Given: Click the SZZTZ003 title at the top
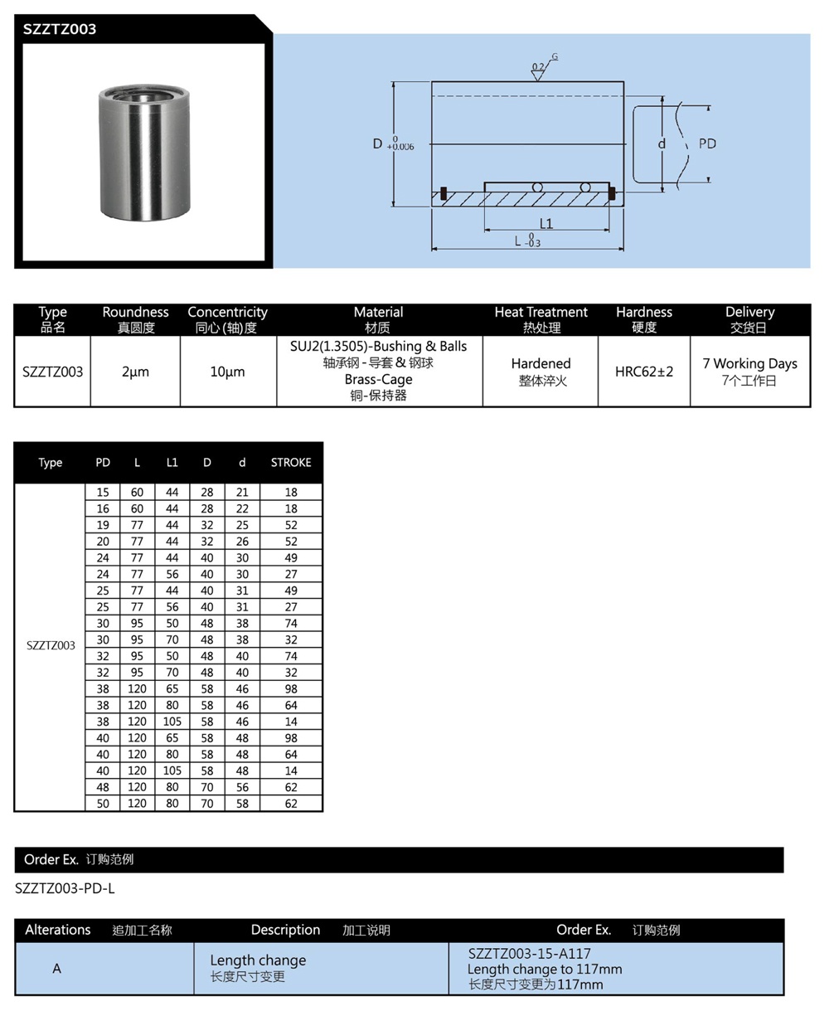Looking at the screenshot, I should pos(60,29).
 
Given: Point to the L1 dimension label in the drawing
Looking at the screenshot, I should pos(545,223).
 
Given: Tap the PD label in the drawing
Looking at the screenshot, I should pos(706,143).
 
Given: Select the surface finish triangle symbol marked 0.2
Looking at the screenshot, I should pos(537,73).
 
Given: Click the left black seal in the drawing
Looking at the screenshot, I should pos(444,193).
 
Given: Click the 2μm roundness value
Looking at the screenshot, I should pos(135,372).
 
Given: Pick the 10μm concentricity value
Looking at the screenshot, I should pos(227,372).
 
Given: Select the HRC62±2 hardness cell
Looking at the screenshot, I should pos(644,372).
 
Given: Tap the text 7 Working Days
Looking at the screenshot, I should pos(749,363).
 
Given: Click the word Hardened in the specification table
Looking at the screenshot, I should pos(541,363).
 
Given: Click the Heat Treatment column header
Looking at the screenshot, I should pos(541,313).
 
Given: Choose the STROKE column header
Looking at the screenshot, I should pos(291,463).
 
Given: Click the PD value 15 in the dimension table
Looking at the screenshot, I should pos(103,492).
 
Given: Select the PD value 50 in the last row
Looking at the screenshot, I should pos(103,803).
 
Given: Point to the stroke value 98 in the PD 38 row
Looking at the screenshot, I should pos(291,688).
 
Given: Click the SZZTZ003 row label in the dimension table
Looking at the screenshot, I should pos(51,645).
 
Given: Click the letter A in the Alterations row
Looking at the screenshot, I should pos(57,968).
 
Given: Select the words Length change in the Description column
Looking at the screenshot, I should pos(258,960).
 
